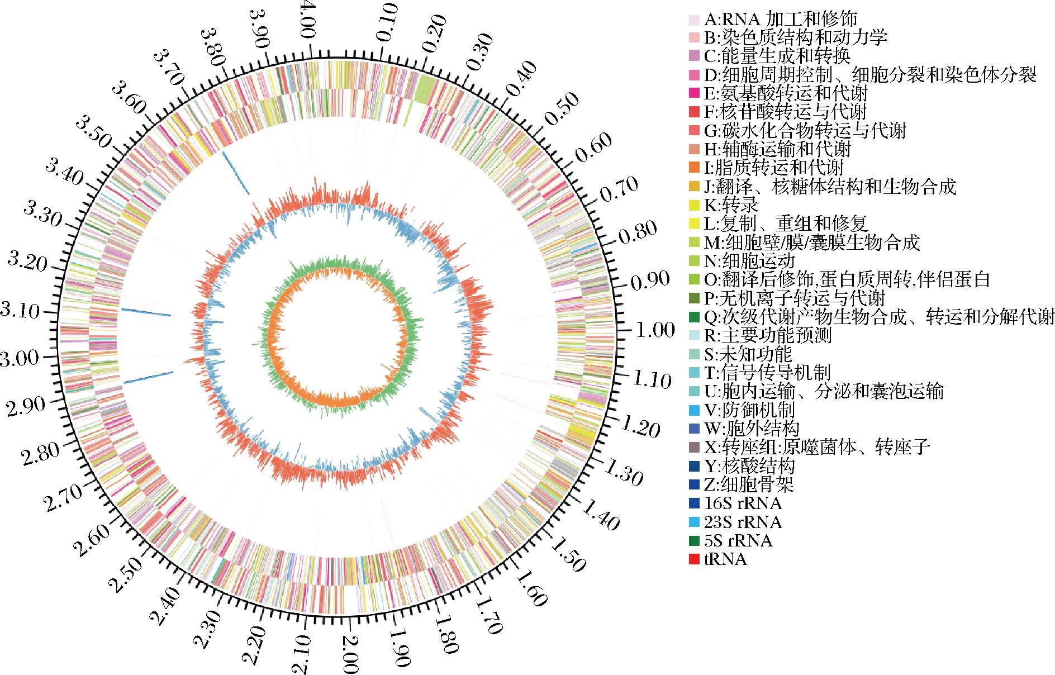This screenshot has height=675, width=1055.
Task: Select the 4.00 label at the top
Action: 309,20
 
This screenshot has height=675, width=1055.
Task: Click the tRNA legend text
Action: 725,559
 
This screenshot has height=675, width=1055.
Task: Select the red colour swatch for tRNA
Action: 694,559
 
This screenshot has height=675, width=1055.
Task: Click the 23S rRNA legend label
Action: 743,522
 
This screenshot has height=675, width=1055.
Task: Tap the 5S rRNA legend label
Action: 738,540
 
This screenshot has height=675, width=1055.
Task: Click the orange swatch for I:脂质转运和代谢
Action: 694,168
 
